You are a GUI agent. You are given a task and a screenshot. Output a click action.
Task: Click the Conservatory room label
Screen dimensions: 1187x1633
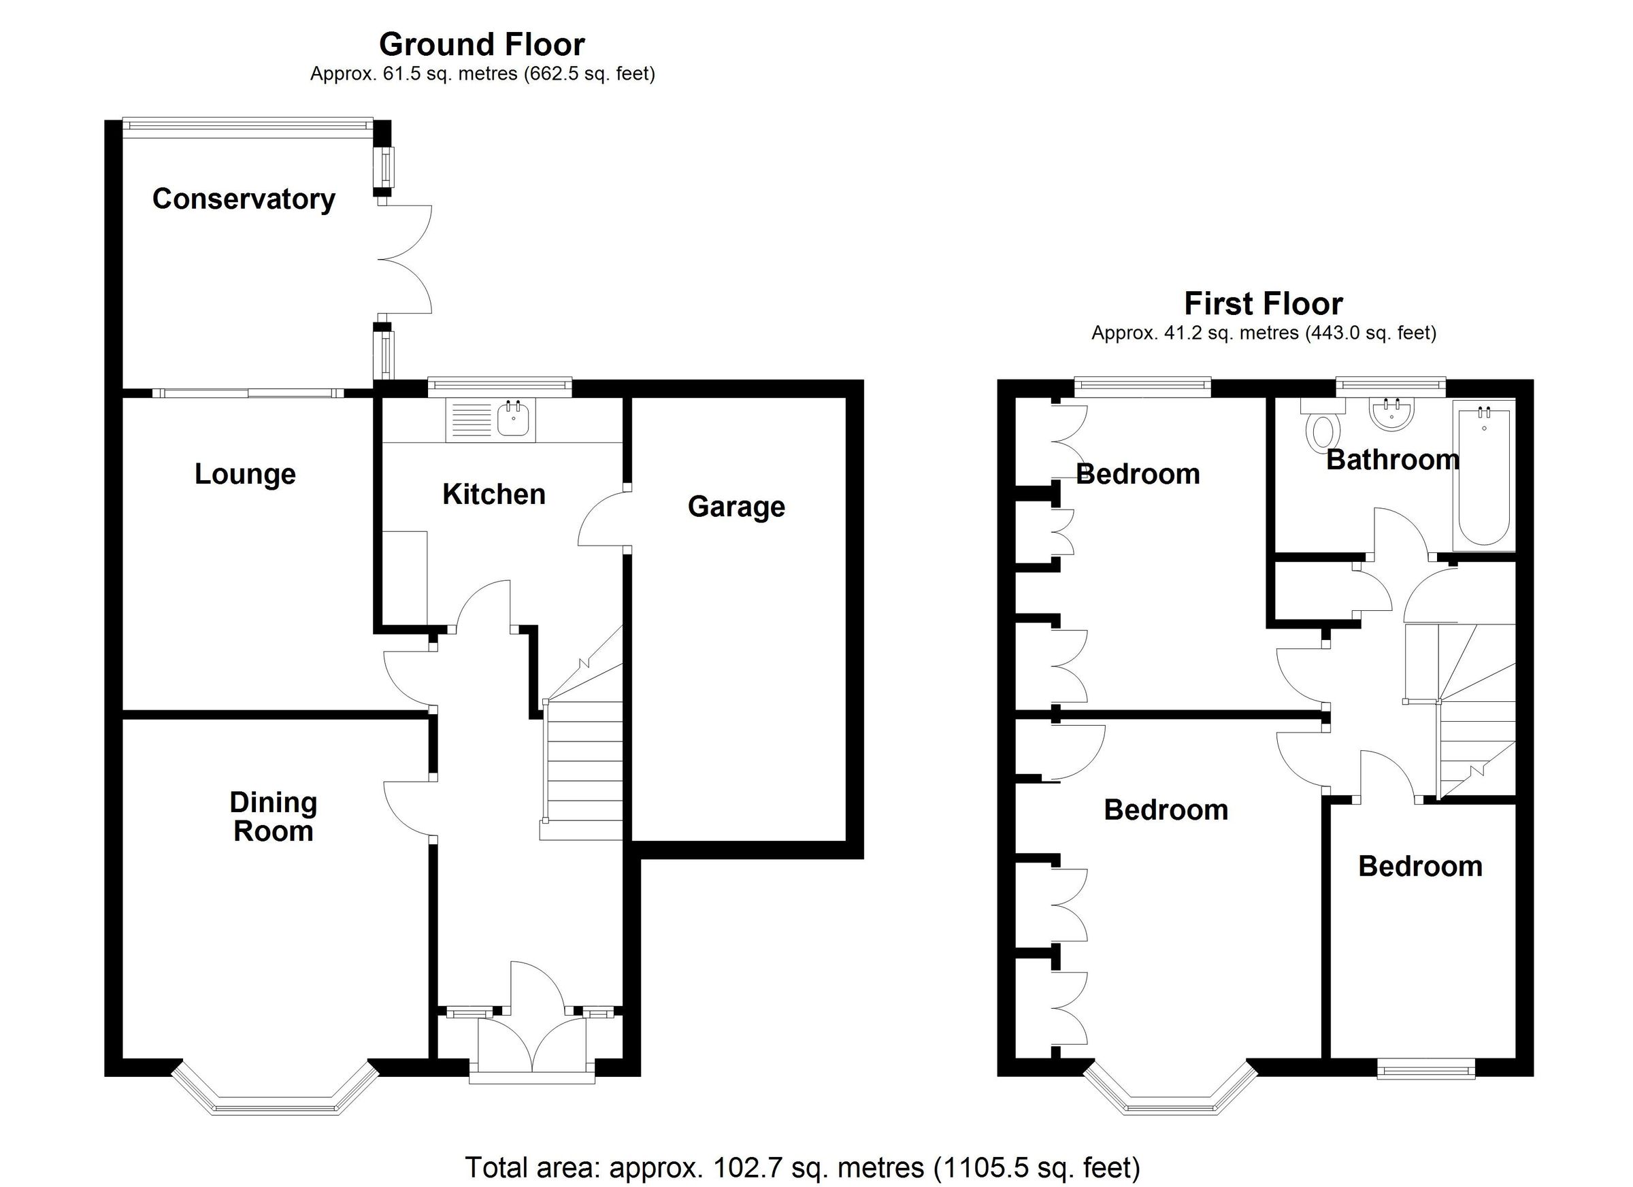pos(244,199)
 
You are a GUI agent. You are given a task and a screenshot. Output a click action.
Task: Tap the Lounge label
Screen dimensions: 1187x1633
pos(245,473)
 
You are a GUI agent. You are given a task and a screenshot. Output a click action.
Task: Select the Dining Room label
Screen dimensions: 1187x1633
pos(273,816)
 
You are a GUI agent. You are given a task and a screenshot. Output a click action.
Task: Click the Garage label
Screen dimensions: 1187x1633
pos(736,506)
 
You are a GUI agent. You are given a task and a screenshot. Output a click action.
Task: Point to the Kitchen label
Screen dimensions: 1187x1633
pos(494,494)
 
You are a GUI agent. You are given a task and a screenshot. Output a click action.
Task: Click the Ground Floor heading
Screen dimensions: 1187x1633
pos(482,45)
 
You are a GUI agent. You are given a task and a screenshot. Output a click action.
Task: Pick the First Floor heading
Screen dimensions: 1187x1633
pos(1263,304)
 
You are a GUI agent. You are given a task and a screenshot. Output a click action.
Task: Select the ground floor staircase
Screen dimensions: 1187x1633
pos(582,763)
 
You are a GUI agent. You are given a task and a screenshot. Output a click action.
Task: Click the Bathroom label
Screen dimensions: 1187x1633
pos(1393,459)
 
